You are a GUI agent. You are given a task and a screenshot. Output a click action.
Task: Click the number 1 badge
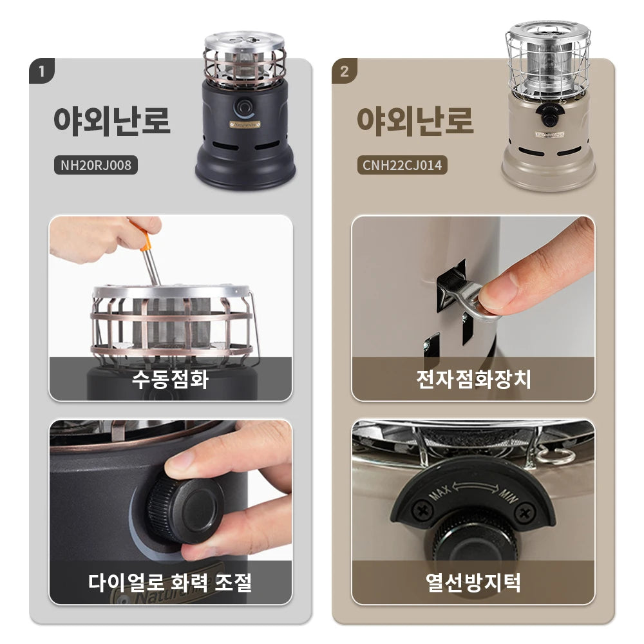click(x=42, y=71)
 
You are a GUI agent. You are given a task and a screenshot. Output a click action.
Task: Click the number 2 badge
click(x=345, y=71)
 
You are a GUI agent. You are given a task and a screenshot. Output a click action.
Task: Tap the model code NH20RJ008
click(x=96, y=166)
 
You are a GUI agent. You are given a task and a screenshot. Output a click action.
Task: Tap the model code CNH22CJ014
click(x=402, y=166)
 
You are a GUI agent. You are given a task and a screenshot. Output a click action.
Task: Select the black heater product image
click(x=245, y=109)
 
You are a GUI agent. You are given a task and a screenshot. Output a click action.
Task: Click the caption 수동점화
click(x=170, y=379)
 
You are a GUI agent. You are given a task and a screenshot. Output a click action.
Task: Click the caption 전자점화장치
click(x=473, y=379)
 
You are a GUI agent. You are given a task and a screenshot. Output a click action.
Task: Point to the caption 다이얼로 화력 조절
click(x=170, y=582)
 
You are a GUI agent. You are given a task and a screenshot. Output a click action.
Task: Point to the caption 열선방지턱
click(x=473, y=582)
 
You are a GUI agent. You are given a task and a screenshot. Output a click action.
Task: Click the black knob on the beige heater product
click(x=548, y=117)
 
